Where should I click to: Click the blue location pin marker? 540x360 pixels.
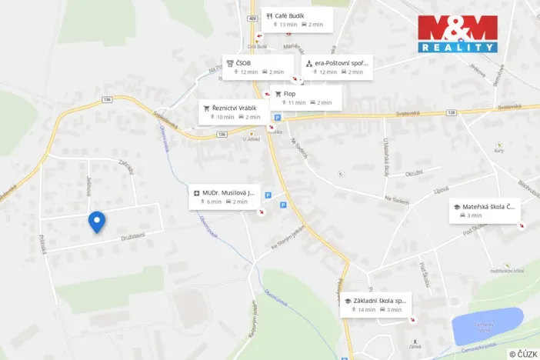tap(96, 222)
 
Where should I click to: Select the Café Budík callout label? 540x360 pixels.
tap(298, 19)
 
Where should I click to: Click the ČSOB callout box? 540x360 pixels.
tap(258, 66)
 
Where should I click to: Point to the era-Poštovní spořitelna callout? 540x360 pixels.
tap(338, 66)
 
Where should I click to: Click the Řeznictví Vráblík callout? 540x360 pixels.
tap(235, 112)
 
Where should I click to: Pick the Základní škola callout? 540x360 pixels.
tap(375, 305)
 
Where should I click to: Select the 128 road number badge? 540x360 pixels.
tap(452, 112)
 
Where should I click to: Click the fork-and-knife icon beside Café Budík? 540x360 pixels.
tap(269, 15)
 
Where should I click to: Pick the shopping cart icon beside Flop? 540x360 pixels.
tap(278, 94)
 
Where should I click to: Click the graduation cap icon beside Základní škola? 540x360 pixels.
tap(348, 300)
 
